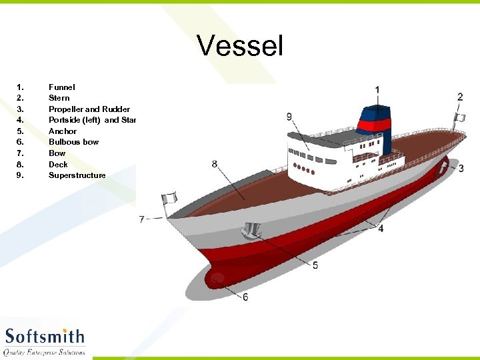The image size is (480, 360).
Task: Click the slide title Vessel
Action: tap(240, 47)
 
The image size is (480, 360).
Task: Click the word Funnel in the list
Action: tap(62, 87)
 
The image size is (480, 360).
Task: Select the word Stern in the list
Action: tap(59, 98)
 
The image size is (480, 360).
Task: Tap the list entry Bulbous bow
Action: tap(73, 142)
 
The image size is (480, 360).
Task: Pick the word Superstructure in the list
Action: tap(77, 175)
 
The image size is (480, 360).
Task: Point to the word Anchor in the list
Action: tap(63, 131)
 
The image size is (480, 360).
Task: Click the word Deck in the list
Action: tap(58, 164)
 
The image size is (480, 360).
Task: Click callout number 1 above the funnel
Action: tap(378, 89)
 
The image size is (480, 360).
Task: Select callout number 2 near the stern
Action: tap(460, 97)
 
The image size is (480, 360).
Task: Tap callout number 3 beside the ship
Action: tap(461, 169)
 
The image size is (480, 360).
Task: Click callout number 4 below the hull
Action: tap(381, 229)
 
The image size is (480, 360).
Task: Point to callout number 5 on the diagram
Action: tap(315, 265)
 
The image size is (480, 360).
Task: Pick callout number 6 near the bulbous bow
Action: tap(245, 297)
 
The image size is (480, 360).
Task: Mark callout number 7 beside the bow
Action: tap(141, 219)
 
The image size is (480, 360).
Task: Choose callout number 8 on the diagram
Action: tap(214, 163)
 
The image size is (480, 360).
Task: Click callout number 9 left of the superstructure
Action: tap(289, 117)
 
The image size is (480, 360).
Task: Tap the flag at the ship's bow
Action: tap(170, 198)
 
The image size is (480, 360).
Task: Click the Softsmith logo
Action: tap(45, 340)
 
